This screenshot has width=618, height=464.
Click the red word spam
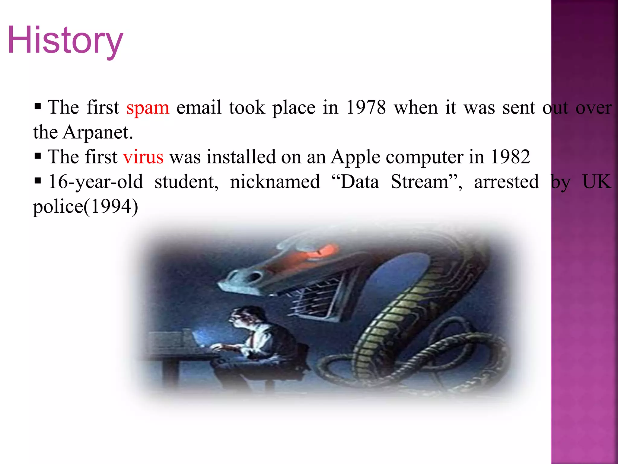point(148,108)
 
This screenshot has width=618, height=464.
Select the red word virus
point(143,157)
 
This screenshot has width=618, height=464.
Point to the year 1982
point(510,157)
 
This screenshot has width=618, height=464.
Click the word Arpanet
point(98,133)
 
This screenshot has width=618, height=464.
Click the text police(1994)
point(85,207)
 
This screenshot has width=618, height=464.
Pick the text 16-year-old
point(96,182)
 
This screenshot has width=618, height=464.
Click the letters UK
point(596,182)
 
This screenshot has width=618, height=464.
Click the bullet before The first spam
point(38,107)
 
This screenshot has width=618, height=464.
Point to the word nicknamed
point(275,182)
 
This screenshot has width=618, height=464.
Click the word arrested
point(506,182)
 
